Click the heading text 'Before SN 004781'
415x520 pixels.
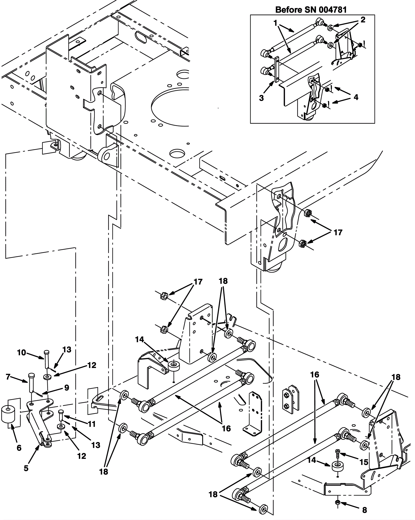click(x=311, y=10)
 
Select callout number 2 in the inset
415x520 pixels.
click(x=363, y=20)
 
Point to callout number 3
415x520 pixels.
click(x=261, y=98)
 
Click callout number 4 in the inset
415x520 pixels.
click(x=356, y=97)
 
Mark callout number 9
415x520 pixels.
click(x=67, y=388)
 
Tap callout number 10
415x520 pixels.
click(x=22, y=352)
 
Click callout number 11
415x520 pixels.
click(x=92, y=424)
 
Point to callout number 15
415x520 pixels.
click(x=364, y=462)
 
